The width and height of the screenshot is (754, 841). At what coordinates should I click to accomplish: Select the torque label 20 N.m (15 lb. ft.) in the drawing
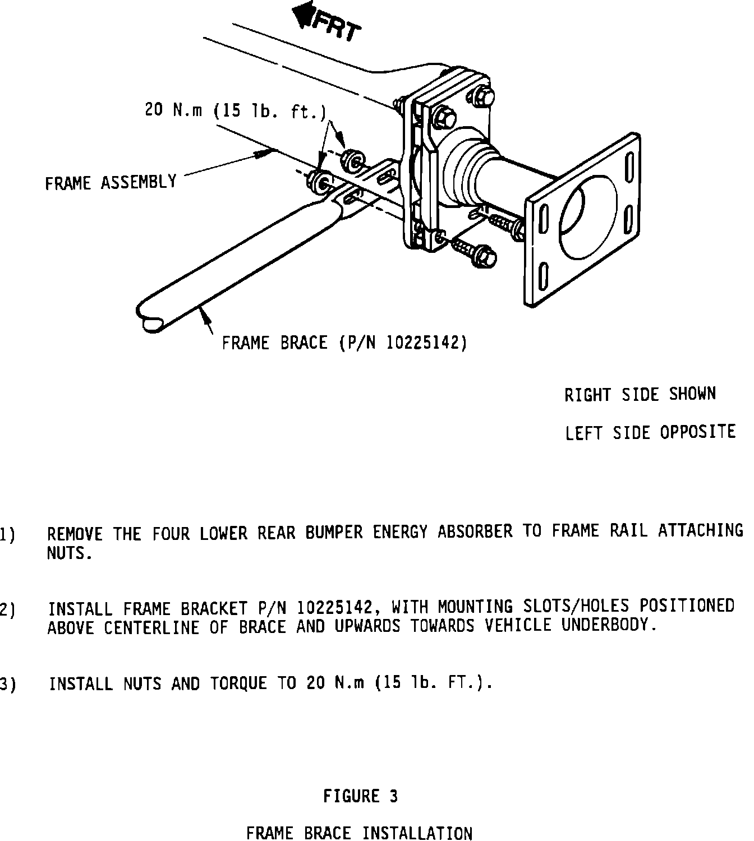pos(235,110)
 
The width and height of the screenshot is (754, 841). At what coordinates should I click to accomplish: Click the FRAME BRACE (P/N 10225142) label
pos(344,342)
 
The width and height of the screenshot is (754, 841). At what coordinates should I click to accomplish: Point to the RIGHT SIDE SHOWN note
pos(640,394)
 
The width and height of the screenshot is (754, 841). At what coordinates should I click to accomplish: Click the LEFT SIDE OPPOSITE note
pos(650,432)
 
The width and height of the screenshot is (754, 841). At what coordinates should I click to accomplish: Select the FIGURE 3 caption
pos(360,796)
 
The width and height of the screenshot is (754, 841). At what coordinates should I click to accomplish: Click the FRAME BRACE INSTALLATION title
pos(359,833)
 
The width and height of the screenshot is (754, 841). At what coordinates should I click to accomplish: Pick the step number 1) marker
pos(7,534)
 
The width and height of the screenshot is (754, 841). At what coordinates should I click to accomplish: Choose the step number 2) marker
pos(7,609)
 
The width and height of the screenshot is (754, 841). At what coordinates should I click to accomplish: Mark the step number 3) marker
pos(7,684)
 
